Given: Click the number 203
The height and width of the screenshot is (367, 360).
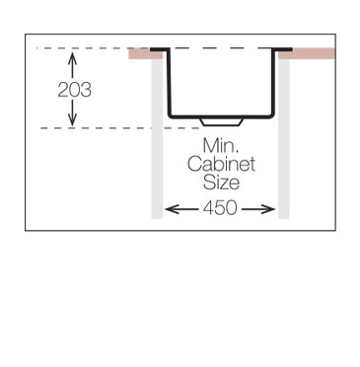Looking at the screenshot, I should [74, 89].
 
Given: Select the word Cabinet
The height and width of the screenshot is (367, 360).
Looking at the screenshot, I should [221, 165].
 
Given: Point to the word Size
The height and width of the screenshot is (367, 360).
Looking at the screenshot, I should [221, 183].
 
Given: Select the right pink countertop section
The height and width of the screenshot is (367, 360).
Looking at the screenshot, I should [308, 53].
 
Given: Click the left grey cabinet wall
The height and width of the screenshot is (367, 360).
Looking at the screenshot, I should [156, 138].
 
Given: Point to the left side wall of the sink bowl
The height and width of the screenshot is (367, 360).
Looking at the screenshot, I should [169, 84].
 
